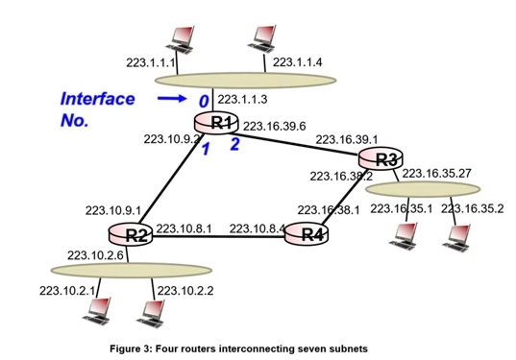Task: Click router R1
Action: pyautogui.click(x=221, y=122)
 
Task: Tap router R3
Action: pyautogui.click(x=382, y=158)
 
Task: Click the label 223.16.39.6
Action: pyautogui.click(x=274, y=125)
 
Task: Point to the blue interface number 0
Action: pyautogui.click(x=204, y=101)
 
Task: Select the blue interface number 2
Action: pyautogui.click(x=233, y=145)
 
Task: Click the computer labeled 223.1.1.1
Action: pyautogui.click(x=177, y=36)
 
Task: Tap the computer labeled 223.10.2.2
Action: pyautogui.click(x=150, y=310)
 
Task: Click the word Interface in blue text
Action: pyautogui.click(x=97, y=98)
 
